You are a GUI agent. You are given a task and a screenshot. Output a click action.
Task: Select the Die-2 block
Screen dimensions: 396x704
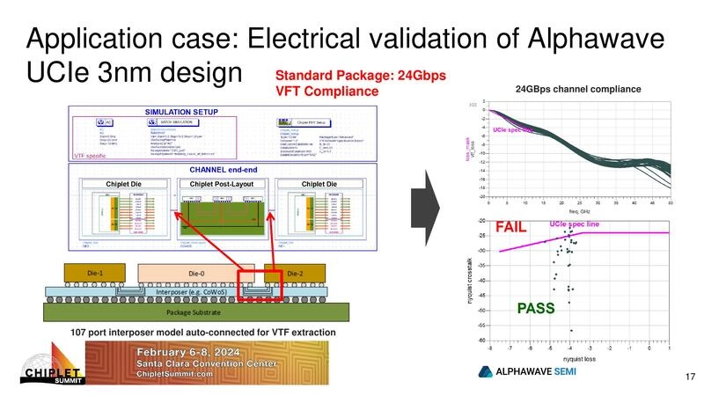295,274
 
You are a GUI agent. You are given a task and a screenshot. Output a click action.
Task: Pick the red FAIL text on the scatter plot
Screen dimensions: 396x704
512,227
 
